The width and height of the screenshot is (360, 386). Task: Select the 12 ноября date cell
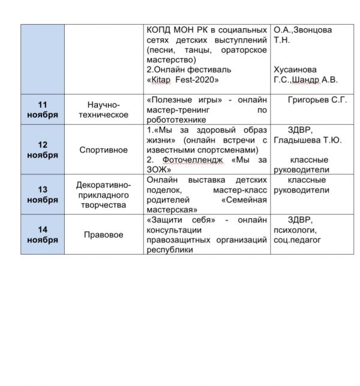click(x=43, y=149)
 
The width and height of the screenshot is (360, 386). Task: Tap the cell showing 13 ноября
click(x=43, y=194)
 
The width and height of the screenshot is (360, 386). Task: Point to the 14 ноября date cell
click(x=43, y=234)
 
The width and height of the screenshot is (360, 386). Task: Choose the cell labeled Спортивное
click(x=104, y=150)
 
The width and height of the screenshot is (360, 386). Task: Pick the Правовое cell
click(x=104, y=235)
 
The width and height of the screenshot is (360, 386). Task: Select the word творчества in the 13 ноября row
click(x=104, y=205)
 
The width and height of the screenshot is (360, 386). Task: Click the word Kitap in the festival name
click(x=162, y=80)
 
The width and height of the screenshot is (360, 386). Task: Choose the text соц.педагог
click(x=297, y=240)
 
